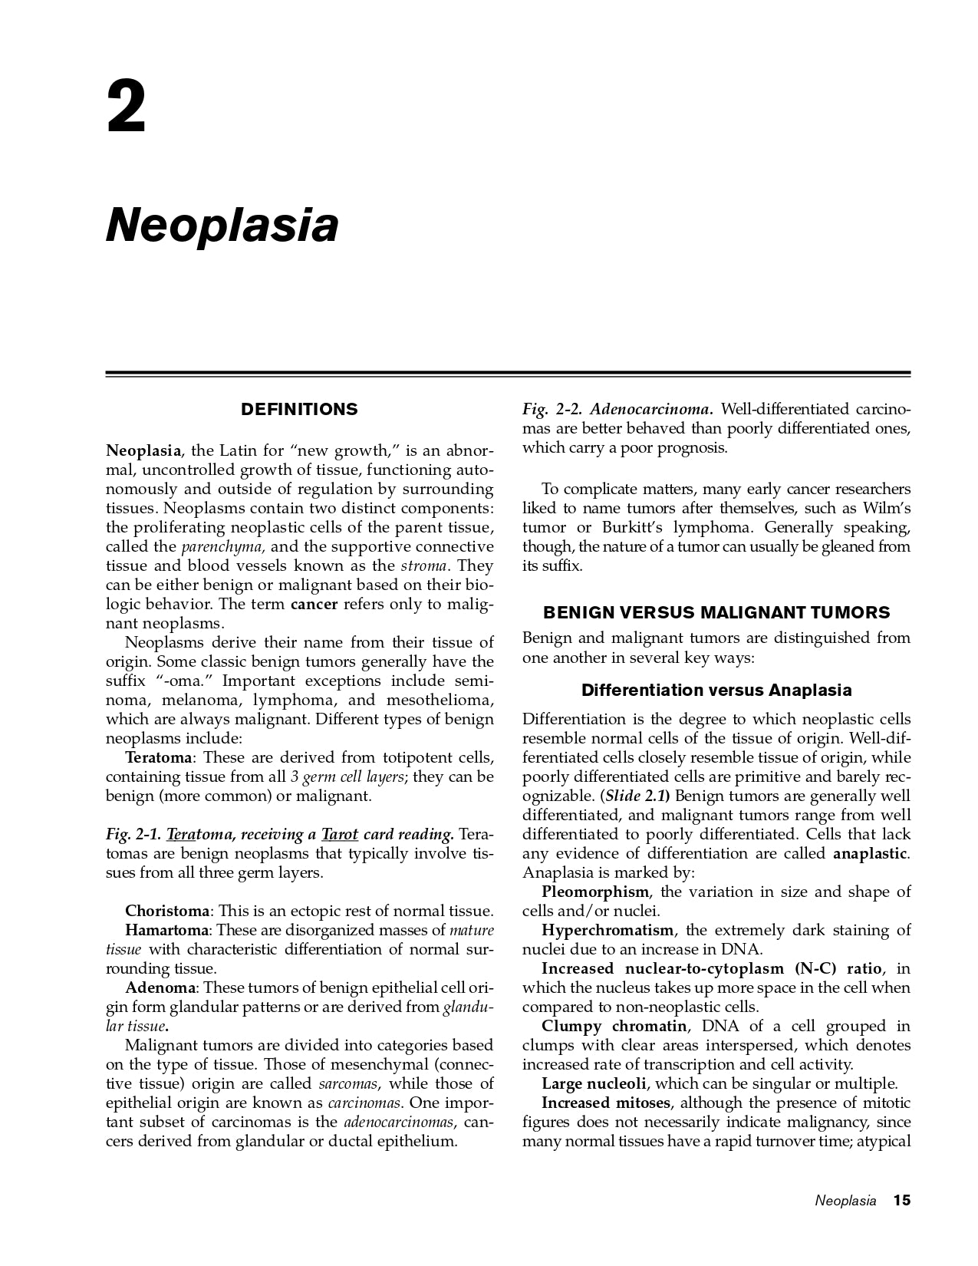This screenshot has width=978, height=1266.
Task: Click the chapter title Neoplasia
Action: (222, 225)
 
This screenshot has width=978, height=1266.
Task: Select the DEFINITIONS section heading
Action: (299, 410)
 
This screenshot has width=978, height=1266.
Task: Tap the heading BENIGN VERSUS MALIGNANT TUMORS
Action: (716, 612)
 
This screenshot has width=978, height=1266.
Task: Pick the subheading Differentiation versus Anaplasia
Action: (716, 691)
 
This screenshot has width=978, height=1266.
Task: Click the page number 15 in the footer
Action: (901, 1201)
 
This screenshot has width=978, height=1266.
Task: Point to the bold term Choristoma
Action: (166, 912)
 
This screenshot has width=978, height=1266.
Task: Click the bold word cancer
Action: (314, 605)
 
